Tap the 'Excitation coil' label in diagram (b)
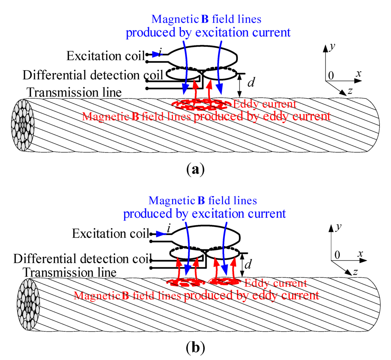pos(111,233)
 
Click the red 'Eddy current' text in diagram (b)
pos(275,283)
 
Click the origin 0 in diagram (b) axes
pos(337,255)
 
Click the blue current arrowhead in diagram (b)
pos(160,234)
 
